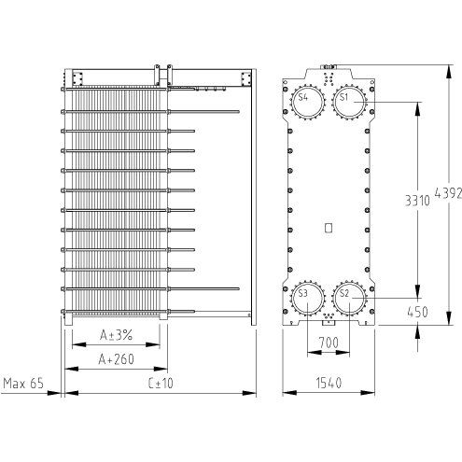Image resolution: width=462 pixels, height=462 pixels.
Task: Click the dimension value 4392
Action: click(448, 193)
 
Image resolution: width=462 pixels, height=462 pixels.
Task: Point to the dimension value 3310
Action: click(417, 201)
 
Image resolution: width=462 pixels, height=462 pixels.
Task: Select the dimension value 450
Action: click(417, 312)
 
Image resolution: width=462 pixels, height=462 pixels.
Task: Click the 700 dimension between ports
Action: click(329, 343)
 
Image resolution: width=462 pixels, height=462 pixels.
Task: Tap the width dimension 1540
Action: click(329, 383)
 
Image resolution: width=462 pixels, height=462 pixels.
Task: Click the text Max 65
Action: click(23, 384)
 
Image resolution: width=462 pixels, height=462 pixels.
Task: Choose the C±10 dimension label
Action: click(161, 384)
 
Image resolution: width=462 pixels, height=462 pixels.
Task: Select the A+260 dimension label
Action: click(116, 359)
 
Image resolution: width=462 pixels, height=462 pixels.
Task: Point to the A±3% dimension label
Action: click(116, 335)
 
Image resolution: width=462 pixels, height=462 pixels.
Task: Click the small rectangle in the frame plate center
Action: click(329, 228)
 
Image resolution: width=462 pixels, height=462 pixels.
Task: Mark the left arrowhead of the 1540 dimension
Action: click(289, 393)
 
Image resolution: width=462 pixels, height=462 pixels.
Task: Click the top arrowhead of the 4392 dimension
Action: click(449, 72)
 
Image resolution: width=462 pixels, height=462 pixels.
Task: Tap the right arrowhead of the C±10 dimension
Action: click(249, 393)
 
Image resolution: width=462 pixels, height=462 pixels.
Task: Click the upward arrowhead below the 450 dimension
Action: click(417, 332)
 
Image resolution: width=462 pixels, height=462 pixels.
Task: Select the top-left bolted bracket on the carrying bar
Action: click(77, 78)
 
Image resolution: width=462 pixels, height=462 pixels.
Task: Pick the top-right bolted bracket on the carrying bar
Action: click(245, 78)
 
